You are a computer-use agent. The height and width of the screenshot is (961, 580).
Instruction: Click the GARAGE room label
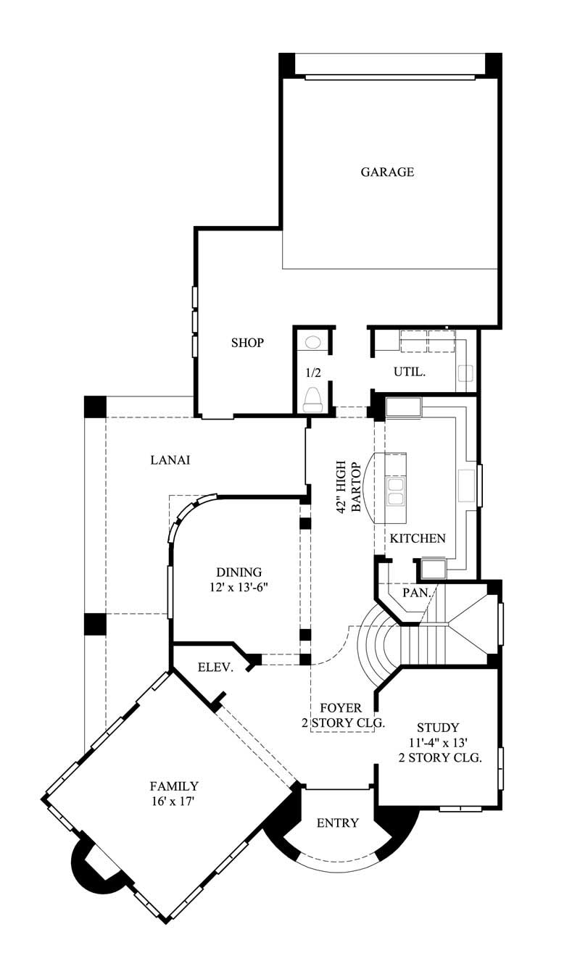[x=387, y=172]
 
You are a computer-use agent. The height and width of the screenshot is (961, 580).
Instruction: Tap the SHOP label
[x=247, y=343]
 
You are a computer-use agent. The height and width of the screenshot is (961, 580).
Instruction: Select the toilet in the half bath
[x=313, y=398]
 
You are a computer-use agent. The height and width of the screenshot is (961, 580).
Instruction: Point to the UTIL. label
[x=410, y=373]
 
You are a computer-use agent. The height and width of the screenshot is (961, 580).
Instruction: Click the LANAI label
[x=170, y=459]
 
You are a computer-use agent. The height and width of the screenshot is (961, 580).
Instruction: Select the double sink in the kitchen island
[x=396, y=491]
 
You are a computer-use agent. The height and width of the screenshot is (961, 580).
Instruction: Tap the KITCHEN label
[x=418, y=538]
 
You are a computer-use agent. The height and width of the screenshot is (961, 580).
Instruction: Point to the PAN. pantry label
[x=416, y=592]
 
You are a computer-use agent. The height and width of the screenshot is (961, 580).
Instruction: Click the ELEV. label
[x=215, y=667]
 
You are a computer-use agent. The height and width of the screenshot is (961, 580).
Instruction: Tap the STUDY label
[x=438, y=727]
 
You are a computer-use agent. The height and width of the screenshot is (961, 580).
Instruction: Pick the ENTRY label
[x=338, y=823]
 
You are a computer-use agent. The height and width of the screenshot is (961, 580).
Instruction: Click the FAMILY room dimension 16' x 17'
[x=173, y=802]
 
